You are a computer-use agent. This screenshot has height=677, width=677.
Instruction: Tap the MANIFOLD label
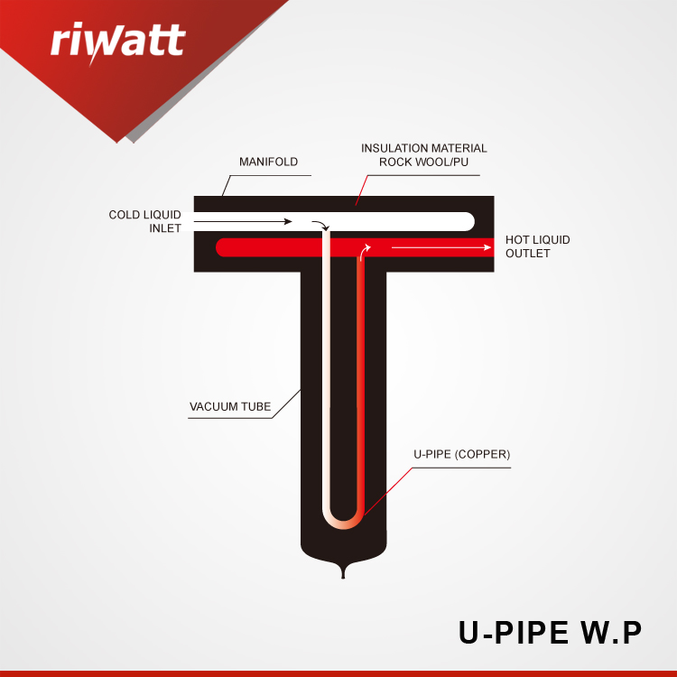point(269,162)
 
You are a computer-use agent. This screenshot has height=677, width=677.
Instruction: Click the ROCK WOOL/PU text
point(423,162)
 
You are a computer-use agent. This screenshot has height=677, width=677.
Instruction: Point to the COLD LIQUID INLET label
point(145,221)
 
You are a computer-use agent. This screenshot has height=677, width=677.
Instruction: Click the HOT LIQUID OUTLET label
point(538,246)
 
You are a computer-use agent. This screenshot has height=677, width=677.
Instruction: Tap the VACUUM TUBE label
point(230,407)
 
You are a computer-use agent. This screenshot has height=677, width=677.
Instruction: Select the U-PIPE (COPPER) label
point(462,454)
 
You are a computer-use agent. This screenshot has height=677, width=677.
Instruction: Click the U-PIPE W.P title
point(550,633)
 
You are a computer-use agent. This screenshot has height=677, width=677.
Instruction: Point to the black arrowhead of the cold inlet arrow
point(288,221)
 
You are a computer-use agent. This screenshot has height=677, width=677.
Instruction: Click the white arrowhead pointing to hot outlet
point(487,247)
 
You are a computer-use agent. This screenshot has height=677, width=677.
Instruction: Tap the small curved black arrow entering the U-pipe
point(321,224)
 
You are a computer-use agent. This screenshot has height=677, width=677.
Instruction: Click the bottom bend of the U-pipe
point(343,525)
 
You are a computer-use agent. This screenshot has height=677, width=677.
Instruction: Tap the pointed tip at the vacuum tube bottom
point(343,578)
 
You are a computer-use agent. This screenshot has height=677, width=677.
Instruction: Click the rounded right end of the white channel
point(468,221)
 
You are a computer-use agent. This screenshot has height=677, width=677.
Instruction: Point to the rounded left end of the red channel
point(221,247)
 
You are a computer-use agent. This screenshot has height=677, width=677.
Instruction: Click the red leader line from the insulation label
point(361,190)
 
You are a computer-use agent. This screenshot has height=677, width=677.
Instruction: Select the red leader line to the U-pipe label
point(388,491)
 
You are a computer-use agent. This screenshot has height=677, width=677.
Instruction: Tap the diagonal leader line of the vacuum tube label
point(286,403)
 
